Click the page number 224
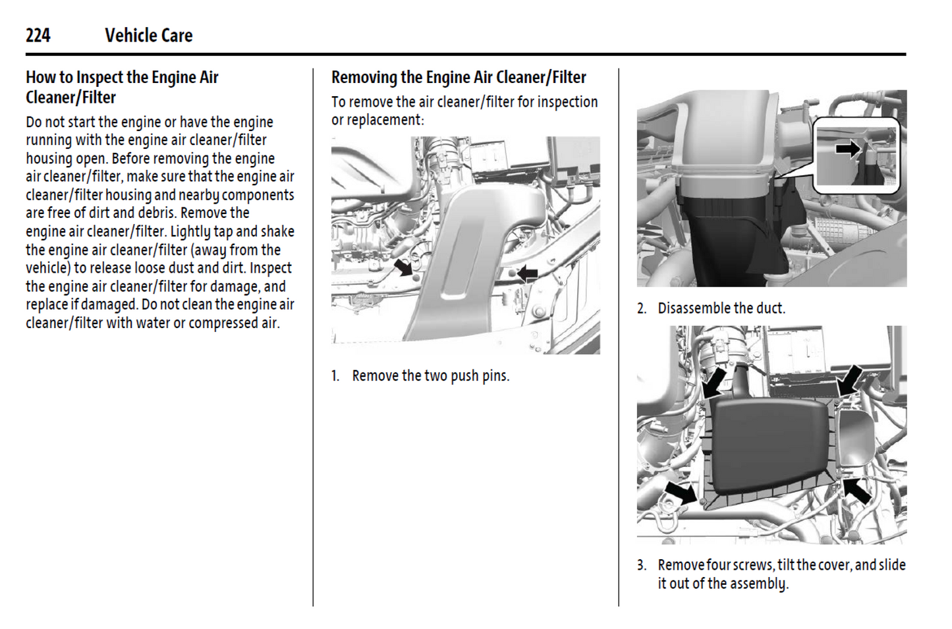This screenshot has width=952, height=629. click(x=38, y=36)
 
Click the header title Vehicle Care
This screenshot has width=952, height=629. click(x=148, y=36)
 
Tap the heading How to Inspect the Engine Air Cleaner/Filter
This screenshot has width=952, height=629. click(x=122, y=87)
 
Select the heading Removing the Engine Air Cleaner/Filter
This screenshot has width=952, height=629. click(x=459, y=78)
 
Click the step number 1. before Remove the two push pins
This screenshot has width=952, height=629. click(x=335, y=376)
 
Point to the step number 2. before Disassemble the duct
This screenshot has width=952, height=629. click(x=642, y=308)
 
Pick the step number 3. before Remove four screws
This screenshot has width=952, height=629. click(x=642, y=565)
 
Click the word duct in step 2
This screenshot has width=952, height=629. click(x=769, y=308)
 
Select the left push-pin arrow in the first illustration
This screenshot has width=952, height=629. click(x=403, y=267)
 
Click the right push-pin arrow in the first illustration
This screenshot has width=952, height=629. click(x=527, y=273)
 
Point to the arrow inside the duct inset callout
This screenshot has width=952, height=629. click(x=848, y=149)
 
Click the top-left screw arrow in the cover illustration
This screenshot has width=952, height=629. click(x=715, y=381)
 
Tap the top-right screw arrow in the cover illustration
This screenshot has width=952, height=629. click(x=850, y=379)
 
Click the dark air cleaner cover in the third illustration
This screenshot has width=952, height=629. click(x=768, y=445)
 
